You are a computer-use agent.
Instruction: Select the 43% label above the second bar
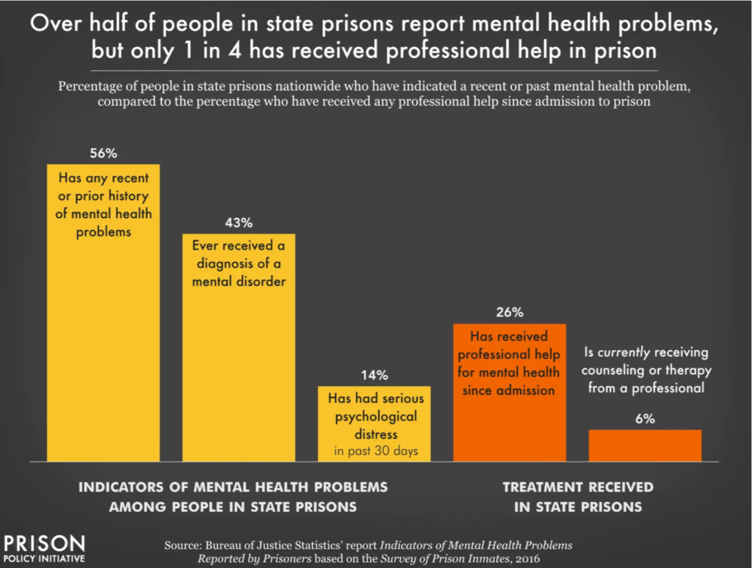[239, 222]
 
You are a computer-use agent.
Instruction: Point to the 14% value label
[374, 375]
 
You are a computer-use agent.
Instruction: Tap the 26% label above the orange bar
[509, 313]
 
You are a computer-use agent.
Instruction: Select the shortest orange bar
[645, 445]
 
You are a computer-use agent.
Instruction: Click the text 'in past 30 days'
[375, 451]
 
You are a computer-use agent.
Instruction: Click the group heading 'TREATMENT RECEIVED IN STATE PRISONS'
[577, 497]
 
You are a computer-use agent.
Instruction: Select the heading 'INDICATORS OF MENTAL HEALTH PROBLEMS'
[233, 487]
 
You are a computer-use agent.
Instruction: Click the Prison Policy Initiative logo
[44, 548]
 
